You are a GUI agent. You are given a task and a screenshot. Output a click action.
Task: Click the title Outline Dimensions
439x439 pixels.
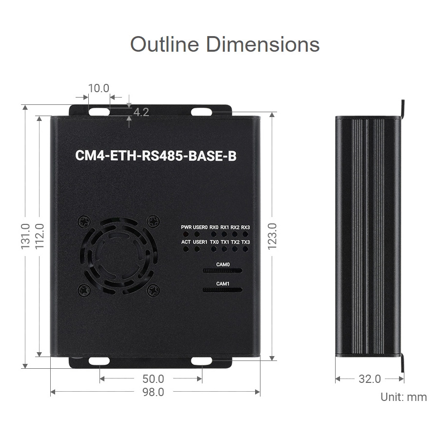[225, 44]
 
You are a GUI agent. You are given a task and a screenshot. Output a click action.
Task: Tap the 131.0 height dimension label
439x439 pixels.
[25, 236]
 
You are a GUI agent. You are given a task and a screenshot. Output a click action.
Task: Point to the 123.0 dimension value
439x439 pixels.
[272, 236]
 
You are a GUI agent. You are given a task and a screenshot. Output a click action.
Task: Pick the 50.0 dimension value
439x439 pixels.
[153, 379]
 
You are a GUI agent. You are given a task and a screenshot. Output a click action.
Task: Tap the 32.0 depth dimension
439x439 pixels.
[369, 379]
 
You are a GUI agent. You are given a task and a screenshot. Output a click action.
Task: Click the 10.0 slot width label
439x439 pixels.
[99, 88]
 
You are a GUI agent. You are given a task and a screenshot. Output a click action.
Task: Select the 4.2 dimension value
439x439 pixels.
[141, 112]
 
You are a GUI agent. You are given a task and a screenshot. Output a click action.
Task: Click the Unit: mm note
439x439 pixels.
[403, 397]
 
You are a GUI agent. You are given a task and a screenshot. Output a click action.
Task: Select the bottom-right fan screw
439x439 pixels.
[154, 290]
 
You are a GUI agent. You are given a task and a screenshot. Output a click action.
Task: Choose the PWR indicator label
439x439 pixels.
[186, 227]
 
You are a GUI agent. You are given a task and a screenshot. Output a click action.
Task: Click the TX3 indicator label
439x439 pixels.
[245, 242]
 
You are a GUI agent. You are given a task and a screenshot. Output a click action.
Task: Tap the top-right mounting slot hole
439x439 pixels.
[199, 112]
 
